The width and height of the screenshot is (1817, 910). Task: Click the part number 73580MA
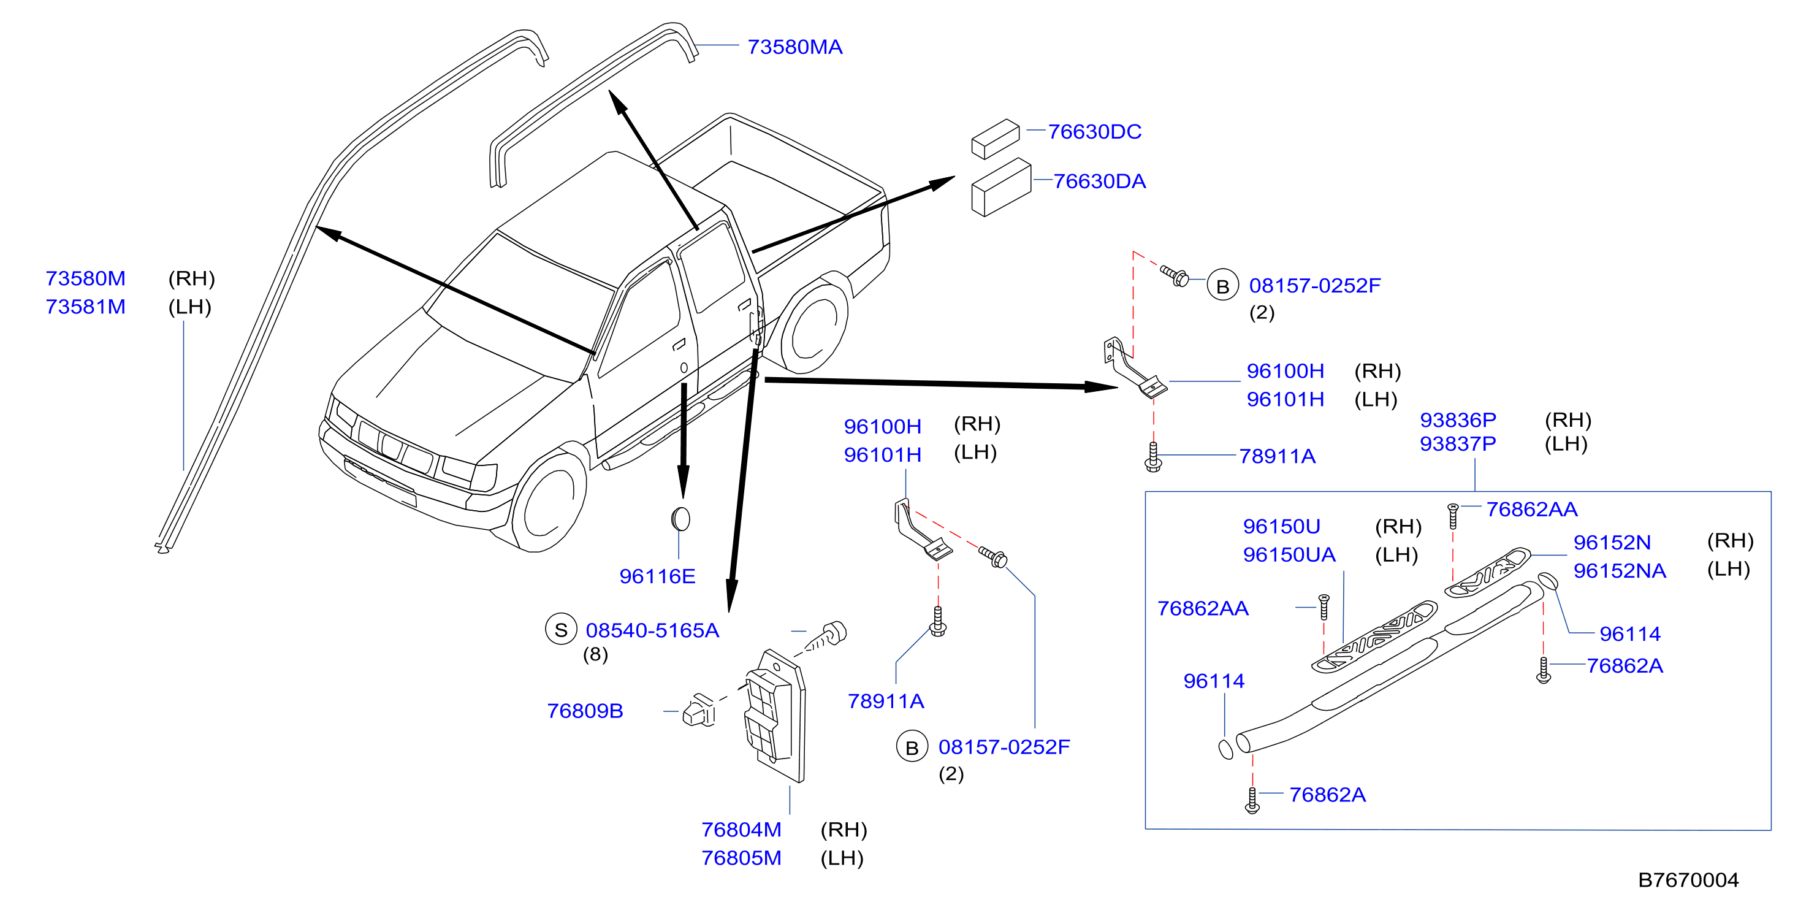point(794,47)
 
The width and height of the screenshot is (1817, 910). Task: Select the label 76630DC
point(1094,132)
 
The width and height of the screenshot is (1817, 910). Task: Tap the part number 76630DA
point(1099,182)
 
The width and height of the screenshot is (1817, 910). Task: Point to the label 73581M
point(85,307)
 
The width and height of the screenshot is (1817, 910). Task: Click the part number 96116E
point(657,576)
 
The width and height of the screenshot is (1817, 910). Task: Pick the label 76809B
point(585,711)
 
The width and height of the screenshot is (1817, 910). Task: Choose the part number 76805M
point(741,858)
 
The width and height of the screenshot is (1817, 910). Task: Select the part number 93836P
point(1457,421)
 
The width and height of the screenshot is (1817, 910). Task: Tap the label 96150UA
point(1289,554)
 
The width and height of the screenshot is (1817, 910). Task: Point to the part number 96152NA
point(1620,571)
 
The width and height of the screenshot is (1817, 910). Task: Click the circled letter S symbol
point(561,630)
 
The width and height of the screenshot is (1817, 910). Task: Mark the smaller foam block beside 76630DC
point(996,139)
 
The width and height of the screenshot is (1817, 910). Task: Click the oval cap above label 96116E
point(680,519)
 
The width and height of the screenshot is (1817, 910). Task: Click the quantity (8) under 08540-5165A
point(595,656)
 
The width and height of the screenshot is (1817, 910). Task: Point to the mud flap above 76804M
point(775,715)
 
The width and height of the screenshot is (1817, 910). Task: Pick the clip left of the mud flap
point(698,711)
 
